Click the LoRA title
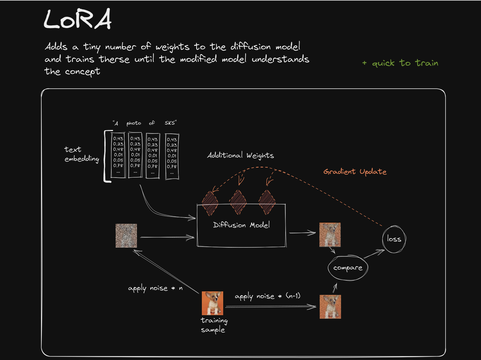(77, 19)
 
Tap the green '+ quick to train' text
(400, 63)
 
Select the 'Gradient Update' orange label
(355, 171)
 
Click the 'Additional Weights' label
(240, 155)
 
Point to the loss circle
(394, 239)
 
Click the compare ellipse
(348, 268)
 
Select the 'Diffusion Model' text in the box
(241, 225)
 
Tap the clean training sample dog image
(212, 303)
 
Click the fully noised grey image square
(126, 236)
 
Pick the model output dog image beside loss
(330, 235)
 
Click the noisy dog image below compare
(330, 307)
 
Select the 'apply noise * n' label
(155, 288)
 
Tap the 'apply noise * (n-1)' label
(267, 296)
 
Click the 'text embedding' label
(82, 154)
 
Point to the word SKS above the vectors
(170, 123)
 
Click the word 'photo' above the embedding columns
(134, 123)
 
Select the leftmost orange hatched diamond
(210, 203)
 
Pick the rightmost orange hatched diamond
(267, 202)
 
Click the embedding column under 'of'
(153, 155)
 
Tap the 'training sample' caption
(214, 325)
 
